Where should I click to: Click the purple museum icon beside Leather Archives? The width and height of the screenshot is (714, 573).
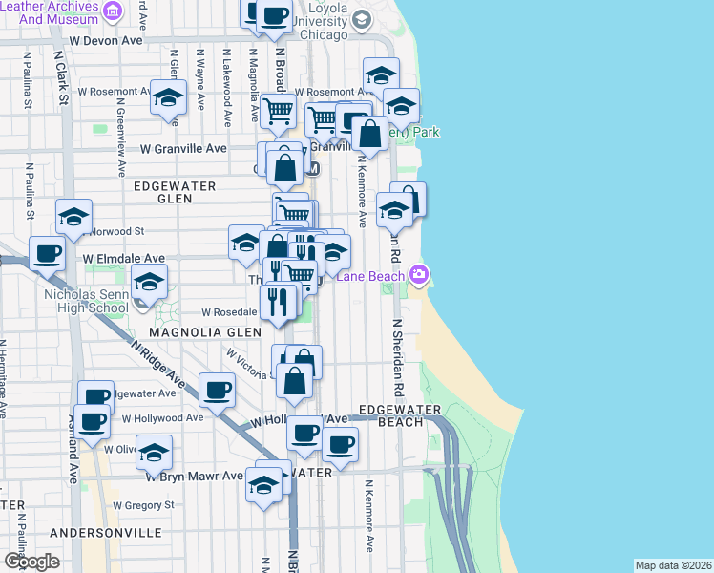[x=113, y=11]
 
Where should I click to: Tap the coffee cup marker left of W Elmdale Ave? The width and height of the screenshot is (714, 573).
[x=47, y=254]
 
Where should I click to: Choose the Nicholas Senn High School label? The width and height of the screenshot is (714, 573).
[x=86, y=301]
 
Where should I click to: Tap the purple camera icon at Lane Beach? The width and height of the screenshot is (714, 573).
[x=418, y=276]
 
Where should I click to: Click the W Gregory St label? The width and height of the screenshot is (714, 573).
[x=143, y=505]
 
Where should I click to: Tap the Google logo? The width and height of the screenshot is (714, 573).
[x=31, y=562]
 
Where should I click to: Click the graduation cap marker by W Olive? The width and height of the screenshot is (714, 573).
[x=154, y=455]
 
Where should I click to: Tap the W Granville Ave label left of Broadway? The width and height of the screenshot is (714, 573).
[x=183, y=149]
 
